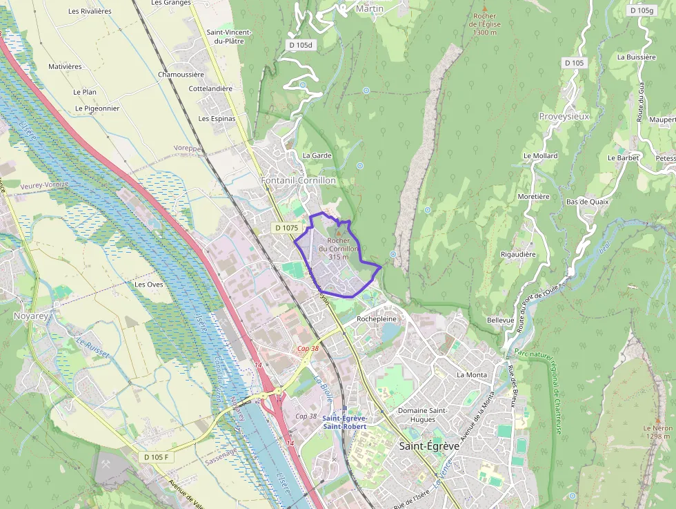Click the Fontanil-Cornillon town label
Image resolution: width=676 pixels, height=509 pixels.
[298, 180]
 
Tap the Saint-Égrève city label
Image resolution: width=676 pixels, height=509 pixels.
[429, 446]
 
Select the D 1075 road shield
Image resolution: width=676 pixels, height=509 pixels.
[286, 227]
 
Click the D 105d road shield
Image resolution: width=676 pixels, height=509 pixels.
[299, 45]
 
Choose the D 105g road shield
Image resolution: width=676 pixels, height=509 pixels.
[642, 10]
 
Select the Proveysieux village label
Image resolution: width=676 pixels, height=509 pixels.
[564, 116]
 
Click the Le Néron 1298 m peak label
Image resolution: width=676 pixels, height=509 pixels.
[657, 432]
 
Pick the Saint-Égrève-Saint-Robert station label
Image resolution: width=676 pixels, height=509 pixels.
[344, 423]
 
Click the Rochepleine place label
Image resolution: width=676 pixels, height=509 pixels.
[377, 319]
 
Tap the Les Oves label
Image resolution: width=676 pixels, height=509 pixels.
[148, 284]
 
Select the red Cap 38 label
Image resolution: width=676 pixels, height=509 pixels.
[308, 349]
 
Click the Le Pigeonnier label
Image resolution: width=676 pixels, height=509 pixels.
[97, 108]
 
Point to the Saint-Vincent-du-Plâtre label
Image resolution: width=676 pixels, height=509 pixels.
[229, 37]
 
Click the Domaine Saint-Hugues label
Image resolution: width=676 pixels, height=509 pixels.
[422, 414]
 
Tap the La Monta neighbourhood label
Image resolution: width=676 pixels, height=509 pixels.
[472, 375]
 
